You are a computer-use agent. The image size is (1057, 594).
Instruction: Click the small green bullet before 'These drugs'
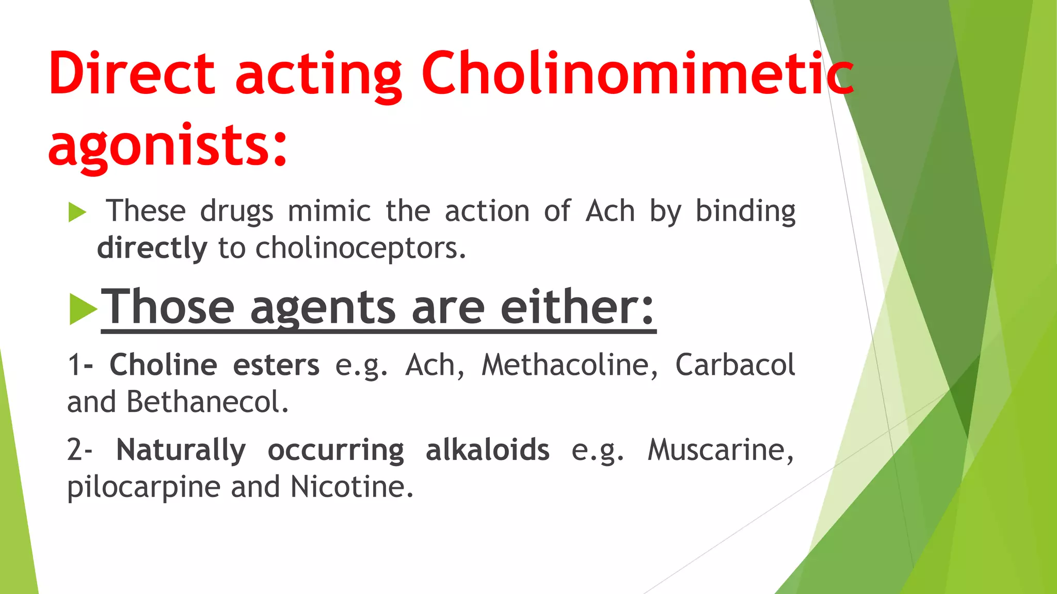click(77, 212)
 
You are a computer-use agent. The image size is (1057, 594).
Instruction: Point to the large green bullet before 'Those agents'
click(83, 309)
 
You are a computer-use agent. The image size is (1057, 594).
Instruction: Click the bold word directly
click(152, 248)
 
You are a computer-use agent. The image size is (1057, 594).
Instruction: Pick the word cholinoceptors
click(361, 248)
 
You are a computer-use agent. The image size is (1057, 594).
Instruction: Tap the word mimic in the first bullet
click(329, 211)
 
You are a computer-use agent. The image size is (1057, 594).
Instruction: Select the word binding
click(745, 211)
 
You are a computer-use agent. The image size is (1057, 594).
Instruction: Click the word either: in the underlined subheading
click(578, 307)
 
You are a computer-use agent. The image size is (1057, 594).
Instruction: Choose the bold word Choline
click(163, 365)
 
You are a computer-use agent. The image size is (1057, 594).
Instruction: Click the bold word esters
click(276, 365)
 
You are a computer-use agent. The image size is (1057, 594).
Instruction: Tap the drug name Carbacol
click(735, 365)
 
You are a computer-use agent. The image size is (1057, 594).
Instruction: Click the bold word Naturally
click(181, 450)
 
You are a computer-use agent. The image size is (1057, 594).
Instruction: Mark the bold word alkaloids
click(487, 450)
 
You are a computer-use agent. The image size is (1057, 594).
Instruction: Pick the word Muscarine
click(720, 450)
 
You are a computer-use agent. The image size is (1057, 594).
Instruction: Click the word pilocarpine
click(144, 487)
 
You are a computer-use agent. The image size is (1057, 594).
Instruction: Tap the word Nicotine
click(352, 487)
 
